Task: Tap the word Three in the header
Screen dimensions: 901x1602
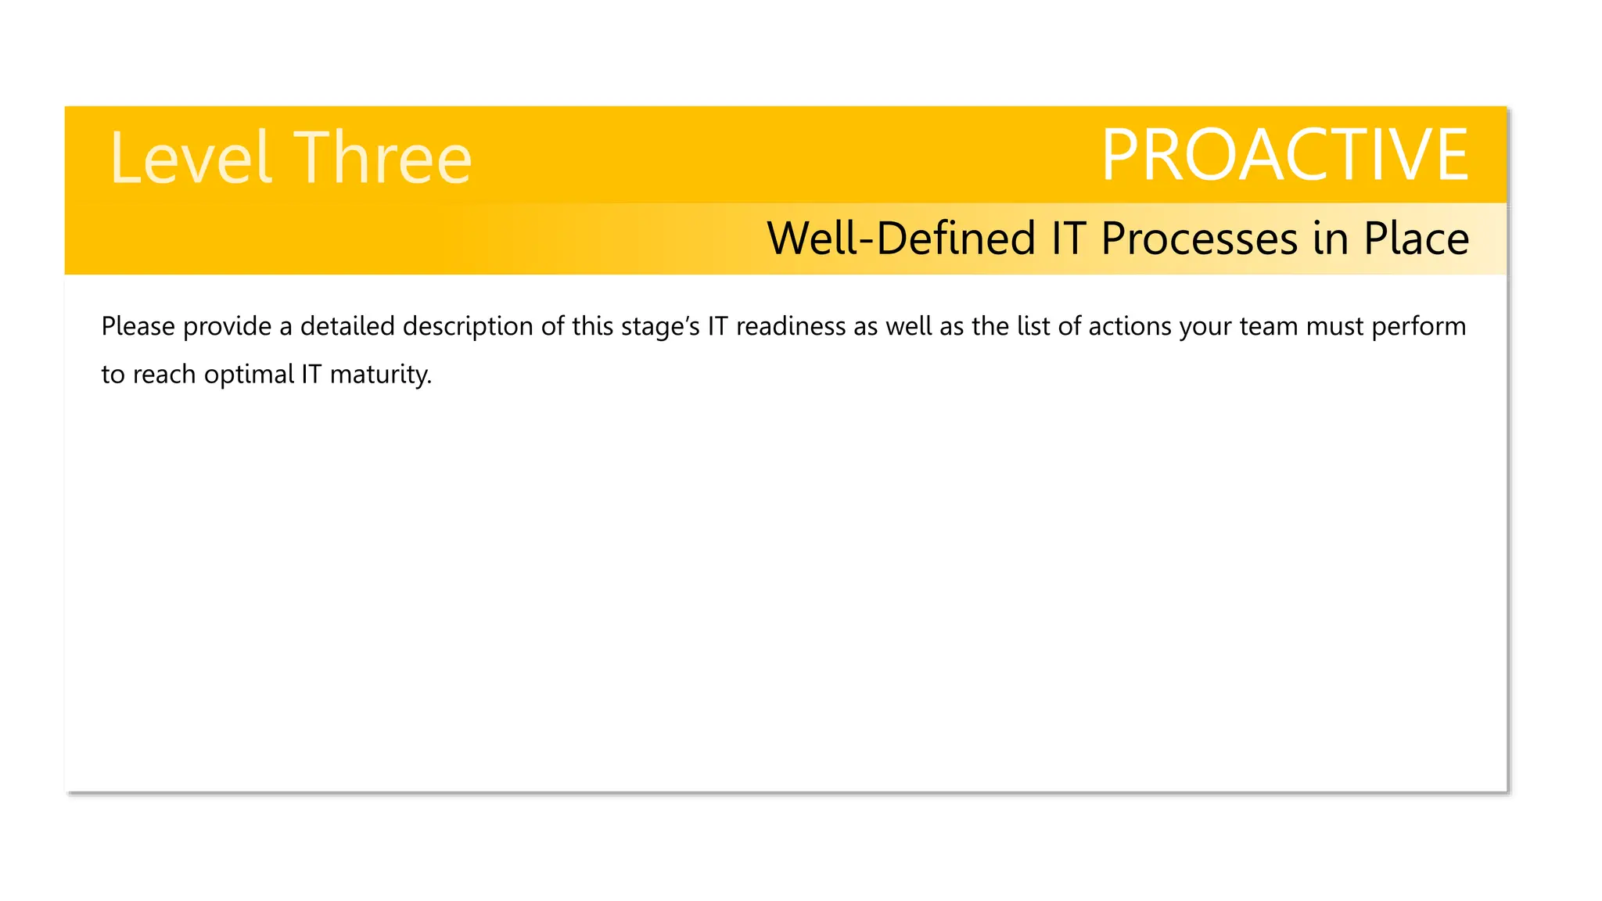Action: (383, 158)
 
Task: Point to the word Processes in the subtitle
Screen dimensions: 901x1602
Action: (1199, 239)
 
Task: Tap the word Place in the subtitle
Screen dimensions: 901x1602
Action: (1416, 239)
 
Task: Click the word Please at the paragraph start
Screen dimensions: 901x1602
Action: (138, 326)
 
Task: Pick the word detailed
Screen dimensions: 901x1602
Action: (347, 326)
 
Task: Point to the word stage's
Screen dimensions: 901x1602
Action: (660, 326)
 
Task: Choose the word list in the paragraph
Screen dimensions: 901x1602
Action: (1033, 326)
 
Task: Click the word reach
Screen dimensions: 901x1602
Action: (164, 375)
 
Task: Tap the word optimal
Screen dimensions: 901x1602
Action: (249, 375)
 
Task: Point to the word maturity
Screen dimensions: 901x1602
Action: (380, 375)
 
